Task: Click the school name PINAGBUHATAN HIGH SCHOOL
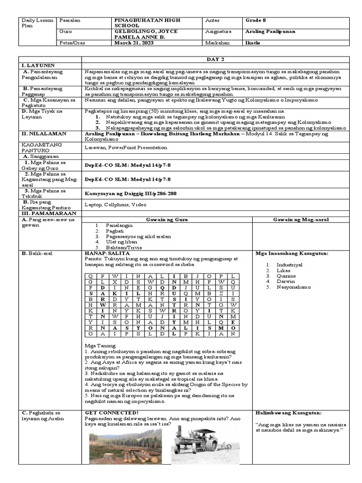[x=147, y=24]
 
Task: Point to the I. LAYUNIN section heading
[x=36, y=65]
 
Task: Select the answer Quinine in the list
[x=287, y=276]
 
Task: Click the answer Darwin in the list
[x=286, y=281]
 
